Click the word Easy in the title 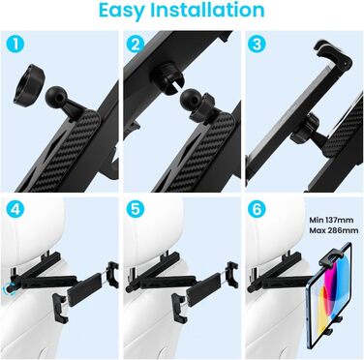pyautogui.click(x=122, y=11)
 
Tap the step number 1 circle pyautogui.click(x=15, y=45)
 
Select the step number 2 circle pyautogui.click(x=136, y=45)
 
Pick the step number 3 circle pyautogui.click(x=257, y=45)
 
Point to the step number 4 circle pyautogui.click(x=15, y=210)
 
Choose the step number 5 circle pyautogui.click(x=136, y=210)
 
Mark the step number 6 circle pyautogui.click(x=257, y=210)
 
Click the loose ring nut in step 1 pyautogui.click(x=29, y=84)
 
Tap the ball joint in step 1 pyautogui.click(x=54, y=95)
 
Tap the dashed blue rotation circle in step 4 pyautogui.click(x=11, y=288)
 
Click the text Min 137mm pyautogui.click(x=331, y=220)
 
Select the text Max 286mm pyautogui.click(x=334, y=230)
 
